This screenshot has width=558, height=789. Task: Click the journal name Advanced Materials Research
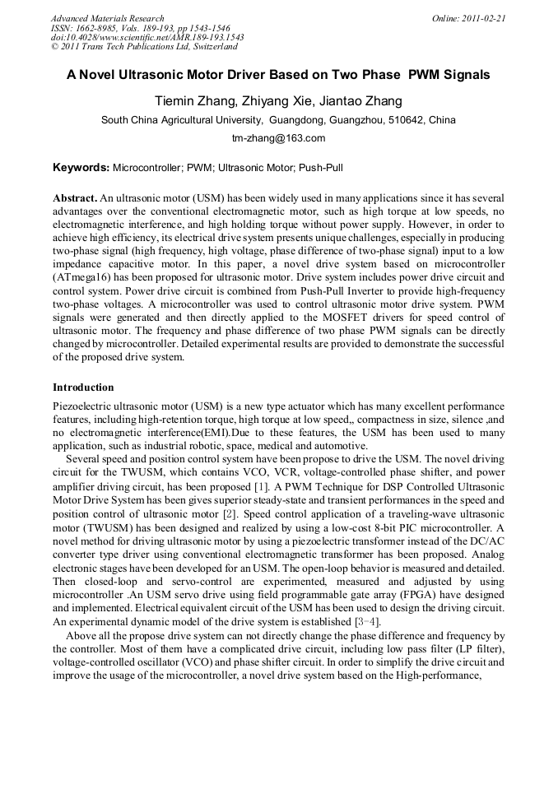(x=107, y=18)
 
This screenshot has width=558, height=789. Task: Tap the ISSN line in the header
(x=141, y=28)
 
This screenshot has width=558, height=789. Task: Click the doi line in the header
(x=147, y=37)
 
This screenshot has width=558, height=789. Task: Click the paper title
(x=278, y=74)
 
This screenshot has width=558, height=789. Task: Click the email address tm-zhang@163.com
(x=278, y=138)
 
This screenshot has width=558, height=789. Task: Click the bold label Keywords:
(x=81, y=168)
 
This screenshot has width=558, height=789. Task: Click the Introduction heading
(x=83, y=388)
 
